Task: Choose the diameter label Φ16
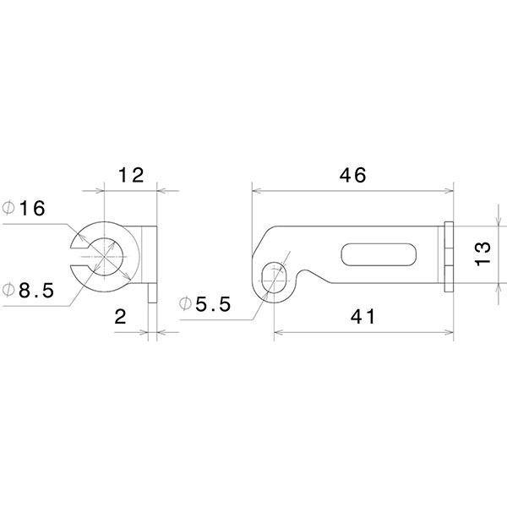pyautogui.click(x=24, y=209)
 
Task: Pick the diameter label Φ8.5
pyautogui.click(x=29, y=290)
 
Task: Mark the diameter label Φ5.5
pyautogui.click(x=205, y=305)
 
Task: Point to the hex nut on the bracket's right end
pyautogui.click(x=450, y=256)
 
